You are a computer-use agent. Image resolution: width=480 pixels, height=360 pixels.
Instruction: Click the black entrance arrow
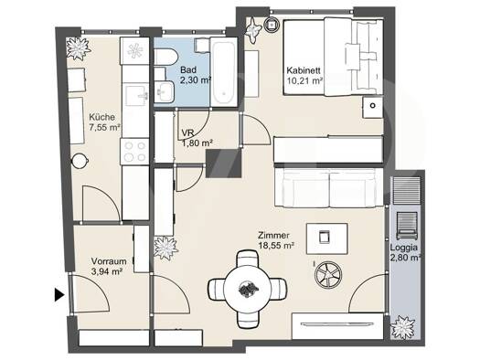(x=59, y=295)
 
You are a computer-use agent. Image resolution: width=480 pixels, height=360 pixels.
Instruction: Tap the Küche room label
(x=101, y=117)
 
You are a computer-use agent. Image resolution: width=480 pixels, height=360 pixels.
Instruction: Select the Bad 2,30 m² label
(x=196, y=75)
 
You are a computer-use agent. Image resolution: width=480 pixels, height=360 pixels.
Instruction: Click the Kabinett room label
(x=304, y=70)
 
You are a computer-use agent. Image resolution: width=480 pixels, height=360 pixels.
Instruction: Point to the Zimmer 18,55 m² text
(x=276, y=240)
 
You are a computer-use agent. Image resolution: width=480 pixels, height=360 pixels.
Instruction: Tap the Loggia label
(x=403, y=248)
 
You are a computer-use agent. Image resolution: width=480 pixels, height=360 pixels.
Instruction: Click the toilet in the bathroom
(x=165, y=57)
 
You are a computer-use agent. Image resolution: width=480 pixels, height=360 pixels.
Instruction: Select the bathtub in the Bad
(x=224, y=72)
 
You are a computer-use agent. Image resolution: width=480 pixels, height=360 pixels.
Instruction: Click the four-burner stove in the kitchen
(x=134, y=152)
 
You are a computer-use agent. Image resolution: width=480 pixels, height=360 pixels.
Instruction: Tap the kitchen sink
(x=137, y=95)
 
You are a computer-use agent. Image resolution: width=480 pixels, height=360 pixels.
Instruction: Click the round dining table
(x=248, y=289)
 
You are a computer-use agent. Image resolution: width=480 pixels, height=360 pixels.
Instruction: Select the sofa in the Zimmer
(x=329, y=188)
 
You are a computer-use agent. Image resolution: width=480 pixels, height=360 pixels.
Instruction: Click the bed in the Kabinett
(x=333, y=58)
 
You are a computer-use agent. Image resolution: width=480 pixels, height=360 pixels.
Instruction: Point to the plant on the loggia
(x=403, y=327)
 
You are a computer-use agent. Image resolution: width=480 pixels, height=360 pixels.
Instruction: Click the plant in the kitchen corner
(x=78, y=48)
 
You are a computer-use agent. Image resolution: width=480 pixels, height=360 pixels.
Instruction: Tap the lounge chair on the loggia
(x=407, y=226)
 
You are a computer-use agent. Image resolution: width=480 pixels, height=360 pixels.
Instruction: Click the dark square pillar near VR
(x=223, y=164)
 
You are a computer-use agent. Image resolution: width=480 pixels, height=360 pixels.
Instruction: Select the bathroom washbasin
(x=164, y=91)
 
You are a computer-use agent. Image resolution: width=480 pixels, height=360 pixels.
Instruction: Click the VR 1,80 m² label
(x=197, y=138)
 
